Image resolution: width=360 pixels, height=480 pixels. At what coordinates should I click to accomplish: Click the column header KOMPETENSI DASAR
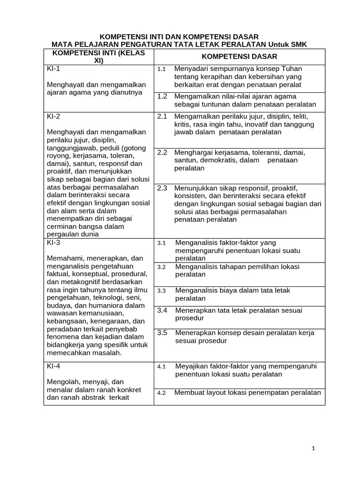pyautogui.click(x=240, y=56)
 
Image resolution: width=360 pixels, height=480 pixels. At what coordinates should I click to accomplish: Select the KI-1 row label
pyautogui.click(x=53, y=69)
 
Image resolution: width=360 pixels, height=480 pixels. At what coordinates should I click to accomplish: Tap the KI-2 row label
pyautogui.click(x=53, y=117)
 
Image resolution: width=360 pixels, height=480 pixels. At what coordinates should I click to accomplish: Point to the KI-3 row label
pyautogui.click(x=53, y=242)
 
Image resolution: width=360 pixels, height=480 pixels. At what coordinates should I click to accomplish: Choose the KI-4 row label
pyautogui.click(x=53, y=367)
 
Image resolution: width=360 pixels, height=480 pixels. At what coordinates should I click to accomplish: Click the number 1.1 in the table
pyautogui.click(x=162, y=69)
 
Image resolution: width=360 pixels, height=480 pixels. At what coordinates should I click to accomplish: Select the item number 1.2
pyautogui.click(x=162, y=96)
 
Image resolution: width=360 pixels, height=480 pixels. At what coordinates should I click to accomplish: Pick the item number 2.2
pyautogui.click(x=162, y=152)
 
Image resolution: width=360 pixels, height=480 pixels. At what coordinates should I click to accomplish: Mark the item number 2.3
pyautogui.click(x=162, y=188)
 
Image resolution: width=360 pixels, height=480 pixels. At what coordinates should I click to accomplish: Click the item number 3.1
pyautogui.click(x=162, y=243)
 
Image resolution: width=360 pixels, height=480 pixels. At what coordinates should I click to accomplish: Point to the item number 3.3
pyautogui.click(x=162, y=291)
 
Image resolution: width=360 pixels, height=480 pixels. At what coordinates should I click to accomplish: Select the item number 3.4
pyautogui.click(x=162, y=310)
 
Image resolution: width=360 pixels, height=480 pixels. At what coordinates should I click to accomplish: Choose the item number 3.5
pyautogui.click(x=162, y=333)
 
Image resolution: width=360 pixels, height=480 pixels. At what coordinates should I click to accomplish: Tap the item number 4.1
pyautogui.click(x=162, y=367)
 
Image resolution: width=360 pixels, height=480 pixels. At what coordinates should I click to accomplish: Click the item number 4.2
pyautogui.click(x=162, y=393)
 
